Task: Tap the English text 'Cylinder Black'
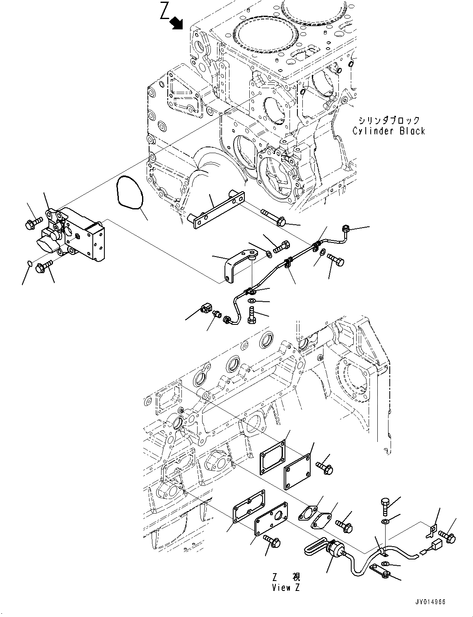[x=389, y=131]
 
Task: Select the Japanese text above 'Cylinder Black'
[x=389, y=120]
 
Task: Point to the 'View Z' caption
[x=286, y=588]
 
